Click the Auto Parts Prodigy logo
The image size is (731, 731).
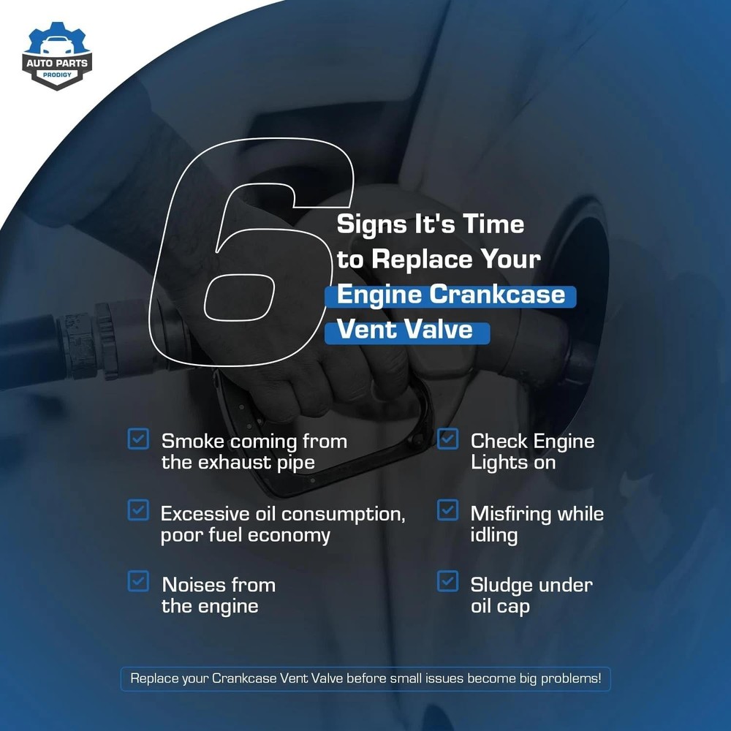57,56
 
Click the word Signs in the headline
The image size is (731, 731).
371,224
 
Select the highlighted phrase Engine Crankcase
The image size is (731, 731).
450,295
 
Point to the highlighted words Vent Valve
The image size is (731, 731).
405,330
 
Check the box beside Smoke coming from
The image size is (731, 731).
138,439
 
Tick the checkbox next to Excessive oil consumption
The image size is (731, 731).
138,510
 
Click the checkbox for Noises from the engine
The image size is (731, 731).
138,581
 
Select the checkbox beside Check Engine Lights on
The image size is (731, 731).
447,439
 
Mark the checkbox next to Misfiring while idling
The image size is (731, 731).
447,510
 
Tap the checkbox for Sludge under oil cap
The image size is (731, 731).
447,581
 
